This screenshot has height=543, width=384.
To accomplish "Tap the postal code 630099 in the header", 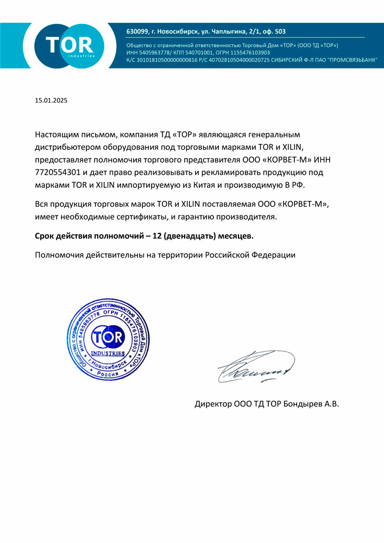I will coord(137,31).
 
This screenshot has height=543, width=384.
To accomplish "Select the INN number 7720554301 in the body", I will coord(58,172).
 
